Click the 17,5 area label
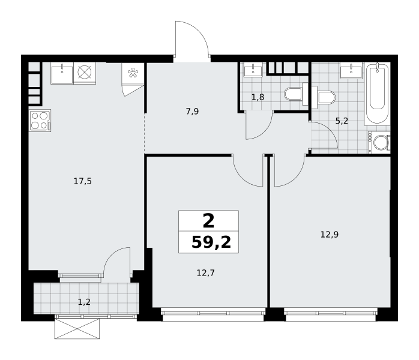83,182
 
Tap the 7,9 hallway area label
193,112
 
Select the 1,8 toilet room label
258,97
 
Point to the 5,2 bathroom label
342,121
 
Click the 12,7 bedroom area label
206,273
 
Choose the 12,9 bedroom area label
330,235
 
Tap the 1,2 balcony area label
84,302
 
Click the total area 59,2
211,242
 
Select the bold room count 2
209,221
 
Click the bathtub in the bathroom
377,94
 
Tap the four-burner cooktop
40,121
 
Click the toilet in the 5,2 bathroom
323,97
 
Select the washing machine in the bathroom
379,142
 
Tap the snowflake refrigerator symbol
133,73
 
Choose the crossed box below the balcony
77,329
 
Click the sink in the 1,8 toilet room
253,70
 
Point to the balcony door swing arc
112,256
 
